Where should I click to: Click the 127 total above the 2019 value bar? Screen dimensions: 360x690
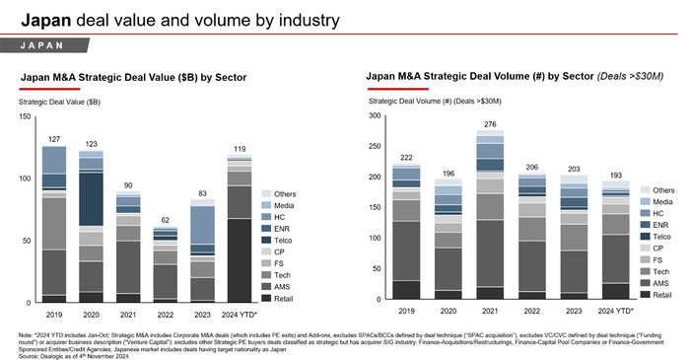(54, 139)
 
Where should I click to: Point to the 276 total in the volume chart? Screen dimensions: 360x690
(489, 124)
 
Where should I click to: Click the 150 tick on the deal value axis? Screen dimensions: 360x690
(25, 117)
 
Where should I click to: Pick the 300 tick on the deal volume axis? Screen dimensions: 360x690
(374, 117)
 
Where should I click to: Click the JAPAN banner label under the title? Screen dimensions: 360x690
(60, 45)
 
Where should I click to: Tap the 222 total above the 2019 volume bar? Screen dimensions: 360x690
(405, 157)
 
